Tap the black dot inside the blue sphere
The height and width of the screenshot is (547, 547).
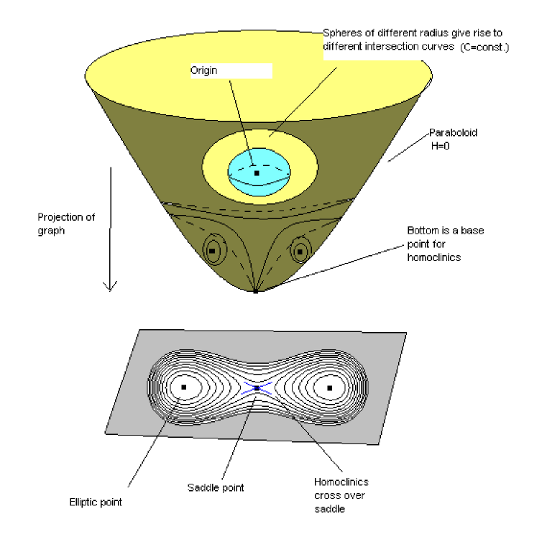[257, 173]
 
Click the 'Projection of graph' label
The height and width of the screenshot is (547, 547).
[67, 223]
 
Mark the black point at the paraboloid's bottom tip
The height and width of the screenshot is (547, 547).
[255, 291]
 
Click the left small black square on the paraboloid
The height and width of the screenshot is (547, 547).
[212, 251]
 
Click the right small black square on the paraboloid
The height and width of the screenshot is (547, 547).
[299, 251]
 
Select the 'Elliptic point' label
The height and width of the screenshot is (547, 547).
[91, 502]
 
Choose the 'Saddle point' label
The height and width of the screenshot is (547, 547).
[215, 487]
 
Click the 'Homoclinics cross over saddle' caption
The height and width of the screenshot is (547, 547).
[341, 495]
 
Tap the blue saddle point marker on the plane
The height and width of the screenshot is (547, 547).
[257, 387]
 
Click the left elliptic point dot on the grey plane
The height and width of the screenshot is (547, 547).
[183, 387]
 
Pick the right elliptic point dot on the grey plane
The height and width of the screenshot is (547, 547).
[330, 387]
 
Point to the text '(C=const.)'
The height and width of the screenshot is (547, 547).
[483, 47]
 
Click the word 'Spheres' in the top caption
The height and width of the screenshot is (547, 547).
[339, 33]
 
